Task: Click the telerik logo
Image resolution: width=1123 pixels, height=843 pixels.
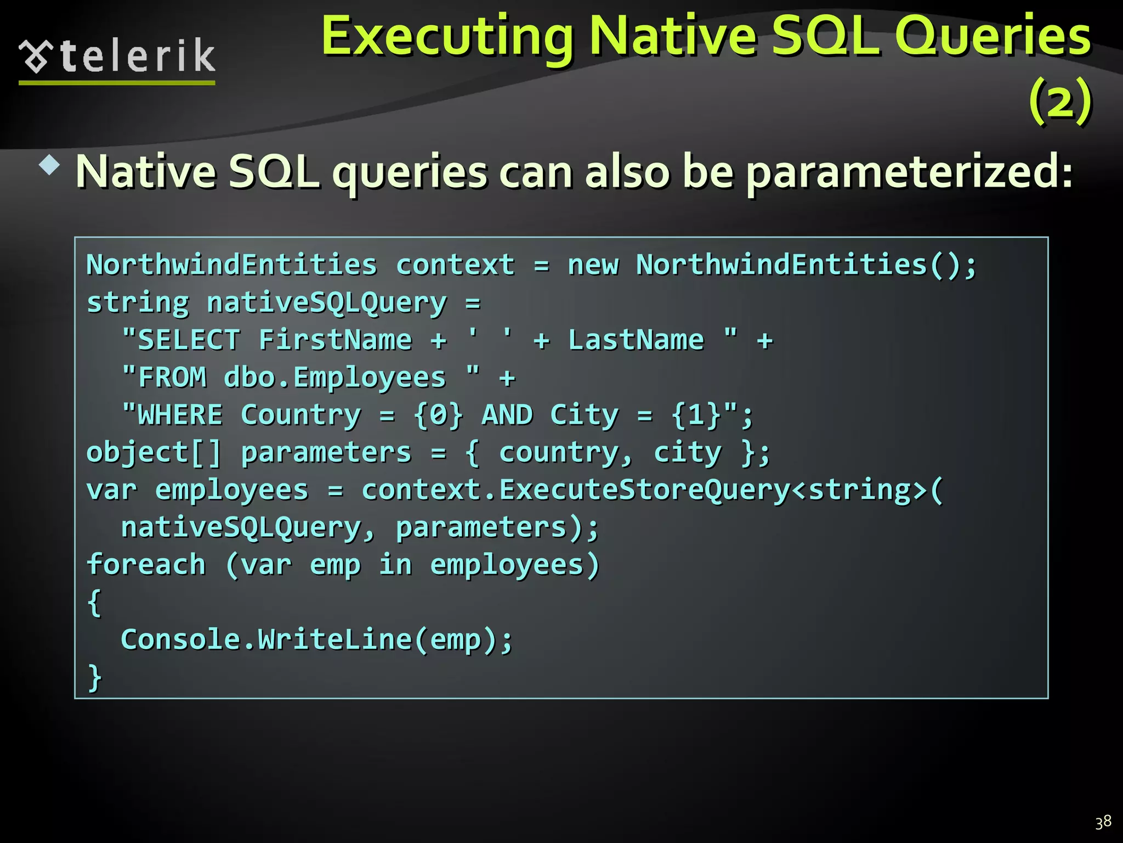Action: (x=117, y=57)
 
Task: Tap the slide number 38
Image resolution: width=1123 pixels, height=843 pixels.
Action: (x=1103, y=822)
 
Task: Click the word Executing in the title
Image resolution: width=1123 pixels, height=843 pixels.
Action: (x=447, y=36)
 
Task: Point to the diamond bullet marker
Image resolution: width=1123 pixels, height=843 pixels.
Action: (x=50, y=165)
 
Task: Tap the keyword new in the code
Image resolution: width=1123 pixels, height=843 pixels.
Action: (x=593, y=265)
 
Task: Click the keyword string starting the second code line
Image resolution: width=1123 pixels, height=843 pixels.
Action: (x=138, y=303)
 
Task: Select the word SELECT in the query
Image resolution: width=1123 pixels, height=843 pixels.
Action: (x=189, y=340)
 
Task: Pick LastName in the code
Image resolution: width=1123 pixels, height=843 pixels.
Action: (x=636, y=340)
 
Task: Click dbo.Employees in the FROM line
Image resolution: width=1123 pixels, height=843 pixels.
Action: (x=334, y=378)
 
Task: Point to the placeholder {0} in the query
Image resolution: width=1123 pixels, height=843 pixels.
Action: (x=439, y=415)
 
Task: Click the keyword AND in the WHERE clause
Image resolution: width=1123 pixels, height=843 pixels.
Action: (x=507, y=415)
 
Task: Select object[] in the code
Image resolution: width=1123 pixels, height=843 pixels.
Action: (x=154, y=453)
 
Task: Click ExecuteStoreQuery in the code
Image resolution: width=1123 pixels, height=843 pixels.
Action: (x=644, y=490)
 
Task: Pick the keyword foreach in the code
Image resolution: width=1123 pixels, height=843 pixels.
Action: (x=146, y=565)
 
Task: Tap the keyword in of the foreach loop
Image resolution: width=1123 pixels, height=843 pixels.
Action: (x=395, y=565)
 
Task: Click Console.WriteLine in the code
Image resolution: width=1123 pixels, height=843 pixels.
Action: (x=266, y=639)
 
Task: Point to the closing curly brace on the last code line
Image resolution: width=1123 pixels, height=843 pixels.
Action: (x=95, y=677)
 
